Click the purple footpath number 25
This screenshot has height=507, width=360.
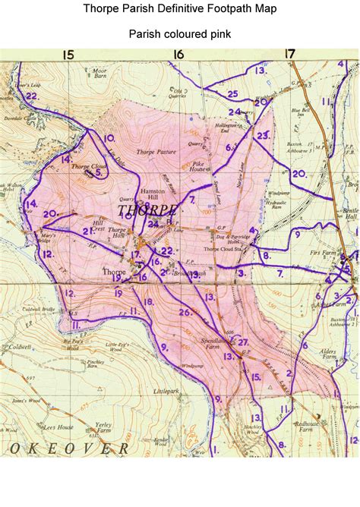coord(232,94)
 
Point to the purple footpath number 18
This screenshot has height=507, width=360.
coord(148,302)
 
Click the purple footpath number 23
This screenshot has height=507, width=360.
coord(263,136)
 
